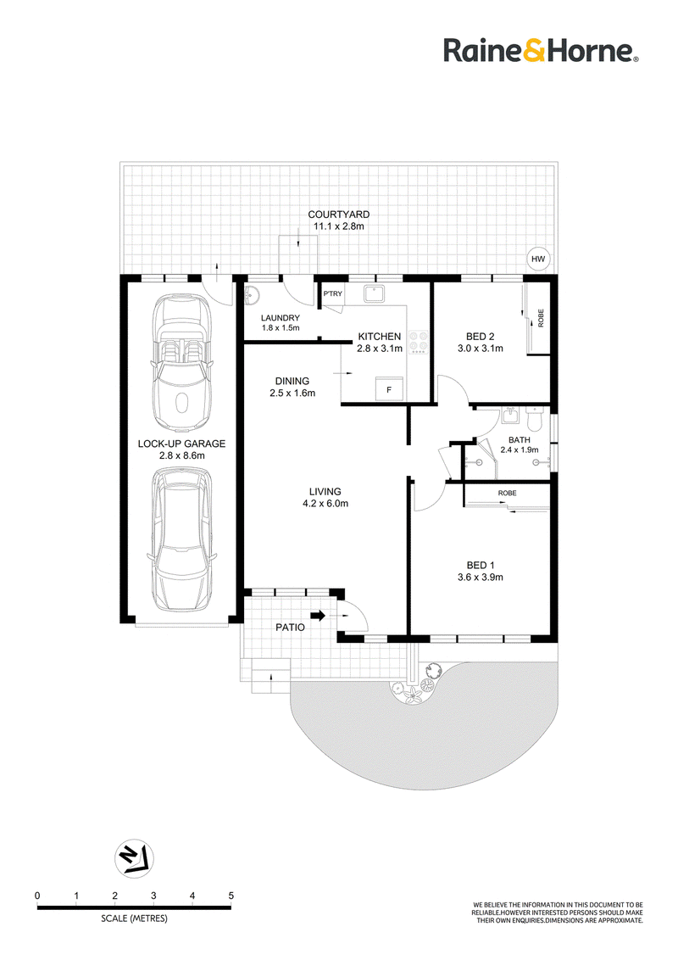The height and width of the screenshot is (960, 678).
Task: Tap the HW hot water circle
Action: pos(538,259)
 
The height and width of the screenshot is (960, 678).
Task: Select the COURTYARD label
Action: pos(338,215)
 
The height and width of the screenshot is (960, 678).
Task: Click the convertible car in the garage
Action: pos(181,362)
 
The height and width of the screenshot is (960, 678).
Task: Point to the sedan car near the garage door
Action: pos(181,539)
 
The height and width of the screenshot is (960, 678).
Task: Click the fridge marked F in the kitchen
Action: pos(389,388)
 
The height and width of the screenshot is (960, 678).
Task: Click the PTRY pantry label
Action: pos(333,294)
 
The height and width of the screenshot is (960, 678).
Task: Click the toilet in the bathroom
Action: pos(535,420)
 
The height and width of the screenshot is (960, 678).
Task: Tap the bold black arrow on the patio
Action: pos(318,616)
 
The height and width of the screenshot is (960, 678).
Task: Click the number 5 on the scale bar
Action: pos(231,895)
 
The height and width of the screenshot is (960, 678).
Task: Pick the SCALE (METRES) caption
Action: pos(134,918)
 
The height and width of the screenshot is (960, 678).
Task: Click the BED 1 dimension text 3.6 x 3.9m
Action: pos(481,577)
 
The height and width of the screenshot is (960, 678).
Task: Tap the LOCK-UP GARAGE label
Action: pos(181,444)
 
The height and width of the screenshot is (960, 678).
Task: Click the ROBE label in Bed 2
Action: pos(541,318)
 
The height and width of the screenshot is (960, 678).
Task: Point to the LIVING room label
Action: pos(325,491)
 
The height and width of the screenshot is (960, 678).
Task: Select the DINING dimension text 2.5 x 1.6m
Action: pos(292,393)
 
